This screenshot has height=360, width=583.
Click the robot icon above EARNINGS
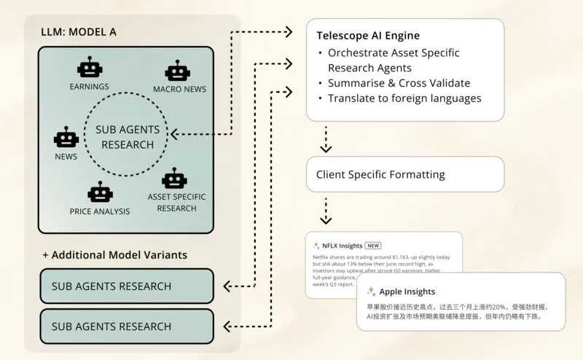pos(90,69)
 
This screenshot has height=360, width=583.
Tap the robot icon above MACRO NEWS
pos(178,71)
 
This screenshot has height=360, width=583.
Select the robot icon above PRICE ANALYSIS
pos(100,192)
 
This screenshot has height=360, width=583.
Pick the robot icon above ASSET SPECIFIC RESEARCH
pos(174,178)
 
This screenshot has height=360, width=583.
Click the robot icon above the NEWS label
pos(66,138)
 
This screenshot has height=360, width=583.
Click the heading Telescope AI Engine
pos(368,35)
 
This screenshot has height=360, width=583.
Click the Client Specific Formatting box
pos(404,175)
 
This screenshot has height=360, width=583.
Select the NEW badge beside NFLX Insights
pos(373,246)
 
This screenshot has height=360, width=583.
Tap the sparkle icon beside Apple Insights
pos(372,291)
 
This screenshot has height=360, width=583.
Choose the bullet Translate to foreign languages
pos(404,98)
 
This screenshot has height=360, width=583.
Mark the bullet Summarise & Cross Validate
pos(399,83)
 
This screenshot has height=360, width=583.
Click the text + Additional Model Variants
pos(114,255)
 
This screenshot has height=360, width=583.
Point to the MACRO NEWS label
pos(179,89)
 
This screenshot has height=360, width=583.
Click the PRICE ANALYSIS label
pos(100,211)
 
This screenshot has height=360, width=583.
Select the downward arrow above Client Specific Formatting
pos(326,140)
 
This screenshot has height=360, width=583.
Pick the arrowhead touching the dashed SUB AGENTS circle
pos(173,134)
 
